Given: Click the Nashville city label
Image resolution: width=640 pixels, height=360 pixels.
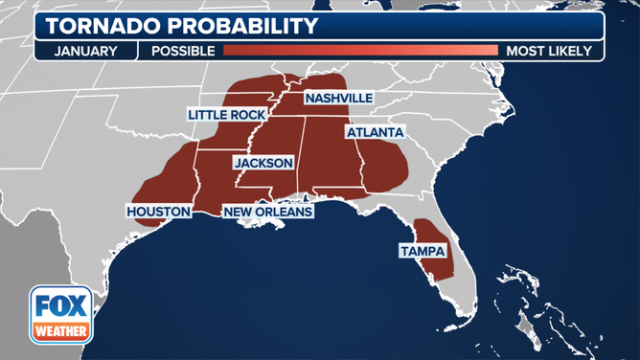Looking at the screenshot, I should pyautogui.click(x=338, y=99).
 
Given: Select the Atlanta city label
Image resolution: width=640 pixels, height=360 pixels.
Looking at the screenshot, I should pyautogui.click(x=375, y=131).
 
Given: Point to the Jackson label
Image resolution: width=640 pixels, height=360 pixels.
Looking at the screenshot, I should pyautogui.click(x=263, y=163).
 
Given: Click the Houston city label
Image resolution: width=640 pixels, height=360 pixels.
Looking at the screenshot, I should pyautogui.click(x=158, y=211).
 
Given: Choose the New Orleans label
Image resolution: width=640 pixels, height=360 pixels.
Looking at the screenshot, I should pyautogui.click(x=267, y=211).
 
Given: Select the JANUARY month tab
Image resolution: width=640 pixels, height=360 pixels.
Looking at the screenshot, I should pyautogui.click(x=85, y=51).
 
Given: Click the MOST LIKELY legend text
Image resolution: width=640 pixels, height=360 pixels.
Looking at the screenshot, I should pyautogui.click(x=549, y=51).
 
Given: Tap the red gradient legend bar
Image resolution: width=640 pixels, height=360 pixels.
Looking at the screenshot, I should pyautogui.click(x=360, y=51).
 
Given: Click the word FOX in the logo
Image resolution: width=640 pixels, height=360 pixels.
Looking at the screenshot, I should pyautogui.click(x=61, y=308).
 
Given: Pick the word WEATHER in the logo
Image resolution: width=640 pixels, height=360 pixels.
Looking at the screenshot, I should pyautogui.click(x=61, y=331).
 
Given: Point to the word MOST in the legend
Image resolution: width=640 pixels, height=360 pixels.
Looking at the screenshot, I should pyautogui.click(x=524, y=51).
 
